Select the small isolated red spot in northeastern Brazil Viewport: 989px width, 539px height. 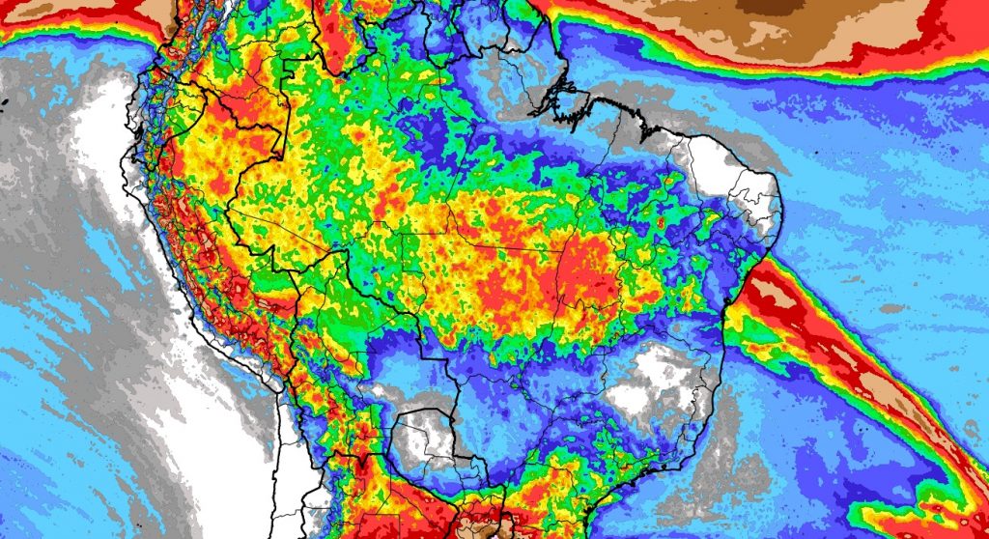661,223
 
